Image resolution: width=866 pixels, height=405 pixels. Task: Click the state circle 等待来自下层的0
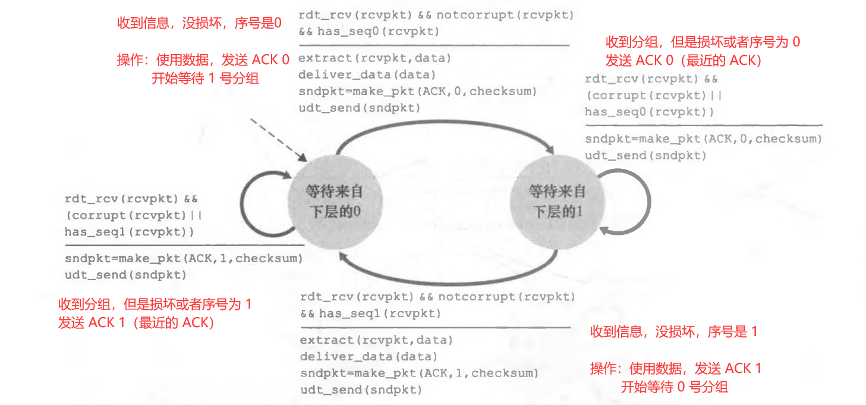(333, 201)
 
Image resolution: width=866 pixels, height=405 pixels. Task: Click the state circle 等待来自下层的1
(556, 201)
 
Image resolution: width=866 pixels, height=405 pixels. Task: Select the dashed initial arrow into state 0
(277, 140)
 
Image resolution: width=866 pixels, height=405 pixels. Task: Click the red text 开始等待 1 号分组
(205, 78)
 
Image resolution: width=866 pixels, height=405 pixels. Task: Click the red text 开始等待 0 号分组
(674, 387)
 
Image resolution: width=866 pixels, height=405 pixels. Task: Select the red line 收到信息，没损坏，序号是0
(199, 23)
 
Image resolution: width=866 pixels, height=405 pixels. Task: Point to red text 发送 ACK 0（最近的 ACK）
(684, 61)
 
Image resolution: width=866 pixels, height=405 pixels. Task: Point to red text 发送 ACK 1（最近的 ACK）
(136, 323)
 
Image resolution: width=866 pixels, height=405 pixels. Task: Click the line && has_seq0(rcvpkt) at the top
(369, 32)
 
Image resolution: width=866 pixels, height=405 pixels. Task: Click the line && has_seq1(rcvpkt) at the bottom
(370, 313)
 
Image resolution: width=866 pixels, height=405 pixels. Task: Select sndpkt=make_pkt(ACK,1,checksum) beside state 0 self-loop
(184, 259)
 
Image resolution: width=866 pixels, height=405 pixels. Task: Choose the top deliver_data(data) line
(367, 75)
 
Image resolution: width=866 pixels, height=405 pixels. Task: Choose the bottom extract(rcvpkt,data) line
(376, 340)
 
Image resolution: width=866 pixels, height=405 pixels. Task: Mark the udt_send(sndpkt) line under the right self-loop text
(645, 155)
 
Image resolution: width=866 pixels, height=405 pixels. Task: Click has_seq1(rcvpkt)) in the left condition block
(129, 232)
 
